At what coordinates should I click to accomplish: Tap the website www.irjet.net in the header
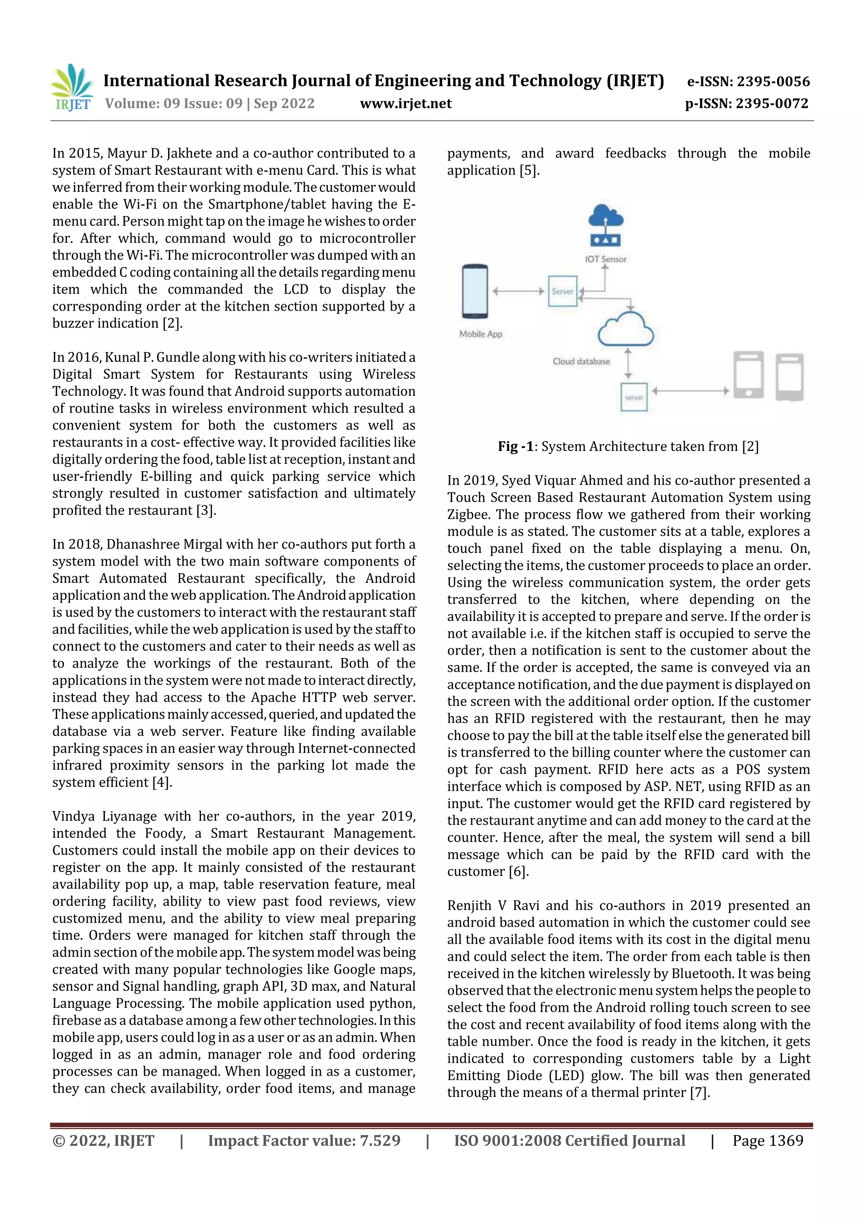point(406,104)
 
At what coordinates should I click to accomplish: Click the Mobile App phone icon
point(475,291)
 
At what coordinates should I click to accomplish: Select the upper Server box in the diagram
point(563,291)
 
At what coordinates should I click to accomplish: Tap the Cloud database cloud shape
point(625,330)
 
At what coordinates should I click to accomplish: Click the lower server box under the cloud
point(634,397)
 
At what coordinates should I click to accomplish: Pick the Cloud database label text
point(581,362)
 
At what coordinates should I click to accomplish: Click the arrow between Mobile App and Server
point(518,291)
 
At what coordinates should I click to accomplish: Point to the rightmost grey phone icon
point(790,376)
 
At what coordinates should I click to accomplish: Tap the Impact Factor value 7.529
point(380,1140)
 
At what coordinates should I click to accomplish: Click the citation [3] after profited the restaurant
point(206,510)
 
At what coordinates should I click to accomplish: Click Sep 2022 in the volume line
point(284,104)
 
